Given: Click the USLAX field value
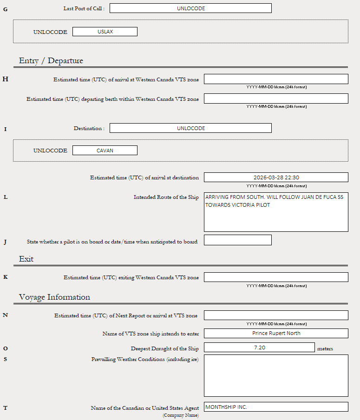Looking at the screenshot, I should pos(105,32).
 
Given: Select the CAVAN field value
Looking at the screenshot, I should pos(105,151).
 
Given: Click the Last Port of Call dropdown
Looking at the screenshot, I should pos(190,8).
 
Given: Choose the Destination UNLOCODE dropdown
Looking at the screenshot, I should pos(190,128).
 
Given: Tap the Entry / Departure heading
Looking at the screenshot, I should pos(51,61).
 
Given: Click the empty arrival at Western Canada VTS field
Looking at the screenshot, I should pos(276,79).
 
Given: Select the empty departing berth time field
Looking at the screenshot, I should pos(276,98).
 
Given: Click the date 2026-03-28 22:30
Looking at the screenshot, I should pos(276,177).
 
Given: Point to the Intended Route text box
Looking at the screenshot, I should pos(276,212).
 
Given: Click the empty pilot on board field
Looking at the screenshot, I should pos(237,240).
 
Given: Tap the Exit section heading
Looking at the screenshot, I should pos(26,259).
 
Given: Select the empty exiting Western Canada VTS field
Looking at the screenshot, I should pos(276,277).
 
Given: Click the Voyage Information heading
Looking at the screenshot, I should pos(54,297).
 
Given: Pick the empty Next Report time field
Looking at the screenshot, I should pos(276,315).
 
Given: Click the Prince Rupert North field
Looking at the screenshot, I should pos(276,333).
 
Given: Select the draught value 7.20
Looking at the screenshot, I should pos(259,348).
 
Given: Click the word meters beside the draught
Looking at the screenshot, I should pos(325,348).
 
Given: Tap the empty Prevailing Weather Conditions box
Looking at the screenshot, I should pos(276,375).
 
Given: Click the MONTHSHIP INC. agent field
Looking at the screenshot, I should pos(276,407).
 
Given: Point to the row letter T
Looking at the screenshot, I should pos(5,408).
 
